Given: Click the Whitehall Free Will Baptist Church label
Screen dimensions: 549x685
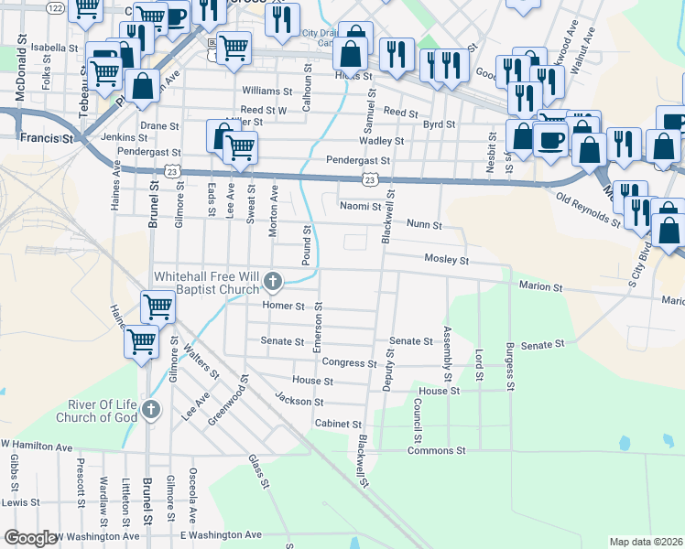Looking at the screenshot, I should pyautogui.click(x=206, y=283).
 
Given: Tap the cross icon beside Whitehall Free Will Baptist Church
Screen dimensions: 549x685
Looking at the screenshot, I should pyautogui.click(x=272, y=280).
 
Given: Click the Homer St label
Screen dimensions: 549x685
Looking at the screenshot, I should pyautogui.click(x=283, y=306).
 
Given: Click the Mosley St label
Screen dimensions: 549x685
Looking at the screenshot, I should pyautogui.click(x=446, y=260).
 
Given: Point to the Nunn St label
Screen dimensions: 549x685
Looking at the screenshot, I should pyautogui.click(x=424, y=225).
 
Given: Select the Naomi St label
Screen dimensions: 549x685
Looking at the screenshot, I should pyautogui.click(x=359, y=207).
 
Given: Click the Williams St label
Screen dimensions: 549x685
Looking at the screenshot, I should pyautogui.click(x=267, y=91).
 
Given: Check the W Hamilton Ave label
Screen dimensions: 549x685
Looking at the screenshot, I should pyautogui.click(x=37, y=447).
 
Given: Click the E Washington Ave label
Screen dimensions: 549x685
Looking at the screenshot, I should pyautogui.click(x=221, y=534).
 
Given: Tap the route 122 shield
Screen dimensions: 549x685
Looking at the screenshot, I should pyautogui.click(x=55, y=7).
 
